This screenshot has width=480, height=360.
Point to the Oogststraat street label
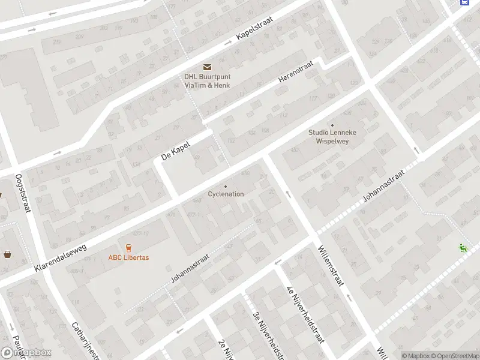coord(23,193)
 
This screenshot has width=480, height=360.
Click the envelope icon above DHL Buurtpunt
coord(207,67)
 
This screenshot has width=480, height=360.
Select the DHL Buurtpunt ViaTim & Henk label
coord(207,80)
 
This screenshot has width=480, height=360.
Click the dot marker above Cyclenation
coord(226,186)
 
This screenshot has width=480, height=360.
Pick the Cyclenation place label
coord(226,194)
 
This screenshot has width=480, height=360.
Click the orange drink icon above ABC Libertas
coord(128,248)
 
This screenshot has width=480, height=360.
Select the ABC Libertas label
coord(128,258)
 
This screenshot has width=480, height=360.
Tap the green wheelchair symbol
coord(463,247)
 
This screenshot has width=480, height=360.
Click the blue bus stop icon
coord(464,2)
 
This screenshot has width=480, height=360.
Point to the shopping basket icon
coord(7,254)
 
